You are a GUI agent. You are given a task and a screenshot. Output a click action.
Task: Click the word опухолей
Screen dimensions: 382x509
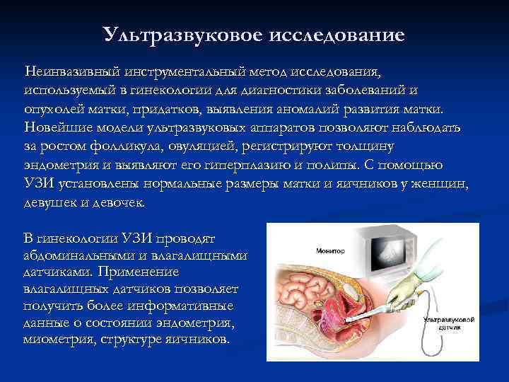pyautogui.click(x=50, y=110)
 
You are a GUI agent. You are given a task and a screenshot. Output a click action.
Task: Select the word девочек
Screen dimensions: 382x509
pyautogui.click(x=118, y=202)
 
